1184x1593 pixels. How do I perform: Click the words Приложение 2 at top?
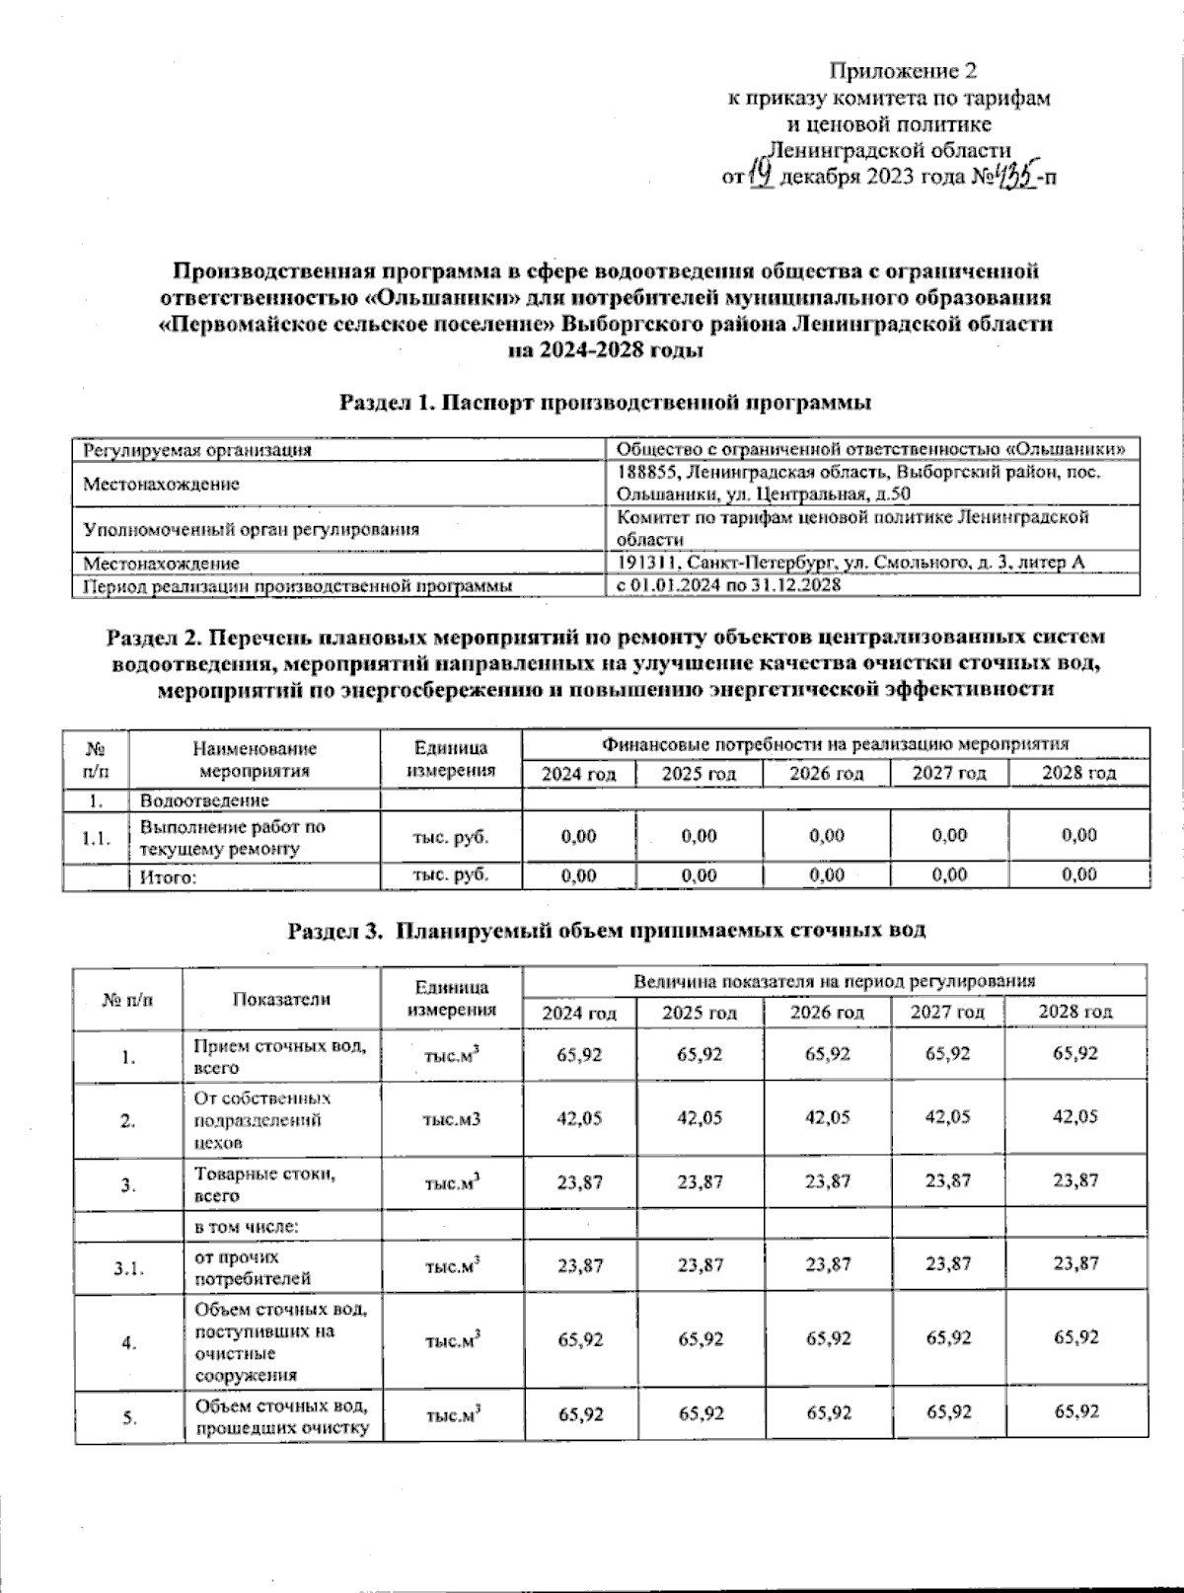[x=903, y=70]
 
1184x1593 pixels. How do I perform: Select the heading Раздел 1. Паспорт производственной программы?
[x=605, y=403]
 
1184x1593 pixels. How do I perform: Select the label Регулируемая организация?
[x=197, y=450]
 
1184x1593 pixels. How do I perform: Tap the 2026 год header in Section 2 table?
[x=826, y=773]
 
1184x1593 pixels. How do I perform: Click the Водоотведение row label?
[x=204, y=800]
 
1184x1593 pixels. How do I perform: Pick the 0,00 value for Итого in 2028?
[x=1079, y=874]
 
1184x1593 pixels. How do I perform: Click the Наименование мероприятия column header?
[x=255, y=760]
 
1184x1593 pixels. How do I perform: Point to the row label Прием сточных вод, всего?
[x=280, y=1056]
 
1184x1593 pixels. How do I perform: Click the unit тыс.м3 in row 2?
[x=451, y=1119]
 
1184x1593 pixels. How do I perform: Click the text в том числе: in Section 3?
[x=246, y=1227]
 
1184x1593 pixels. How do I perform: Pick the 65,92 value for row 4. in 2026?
[x=828, y=1339]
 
